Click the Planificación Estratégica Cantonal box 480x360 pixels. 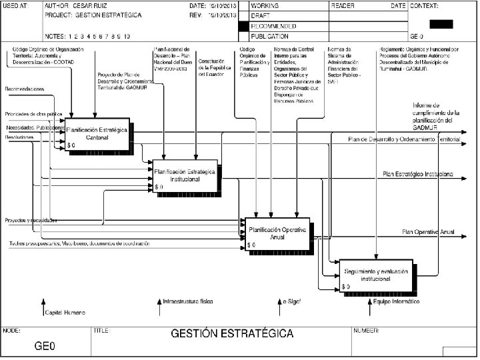click(x=99, y=133)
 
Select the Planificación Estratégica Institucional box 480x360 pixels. click(x=185, y=175)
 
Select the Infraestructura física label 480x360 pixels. click(x=189, y=302)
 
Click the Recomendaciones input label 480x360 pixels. click(x=25, y=89)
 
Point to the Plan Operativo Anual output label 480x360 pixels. click(x=427, y=231)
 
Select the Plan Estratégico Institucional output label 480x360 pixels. click(x=418, y=174)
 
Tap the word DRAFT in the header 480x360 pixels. click(x=260, y=15)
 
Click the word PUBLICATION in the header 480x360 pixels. click(x=270, y=36)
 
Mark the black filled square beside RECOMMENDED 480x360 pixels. click(x=243, y=26)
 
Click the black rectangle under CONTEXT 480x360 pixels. click(x=441, y=24)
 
